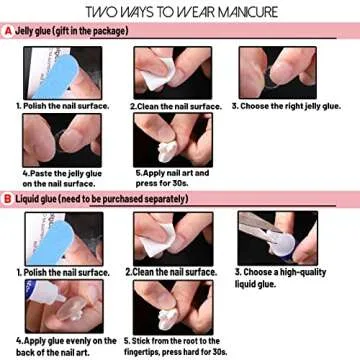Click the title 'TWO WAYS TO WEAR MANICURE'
pyautogui.click(x=180, y=13)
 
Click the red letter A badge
pyautogui.click(x=8, y=31)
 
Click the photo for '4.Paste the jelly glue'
pyautogui.click(x=52, y=142)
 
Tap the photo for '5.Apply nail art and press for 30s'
pyautogui.click(x=165, y=142)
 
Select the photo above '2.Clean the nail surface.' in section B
pyautogui.click(x=165, y=238)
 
